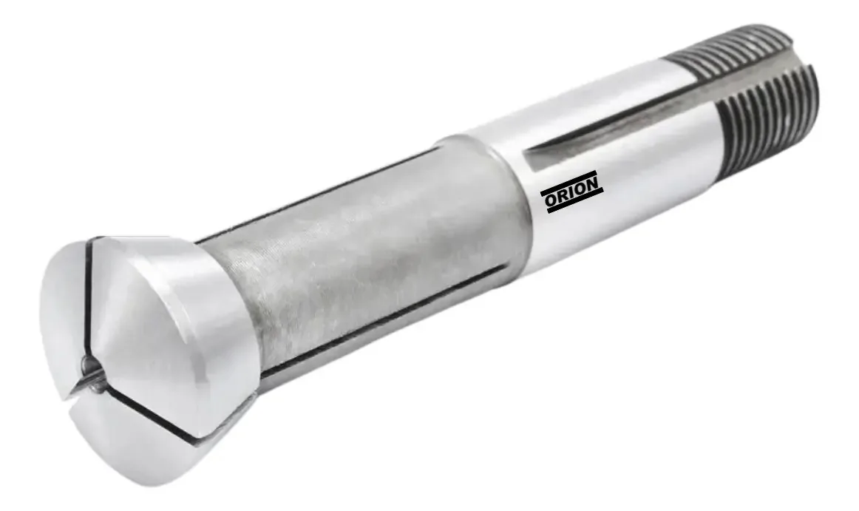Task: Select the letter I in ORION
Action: (574, 192)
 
